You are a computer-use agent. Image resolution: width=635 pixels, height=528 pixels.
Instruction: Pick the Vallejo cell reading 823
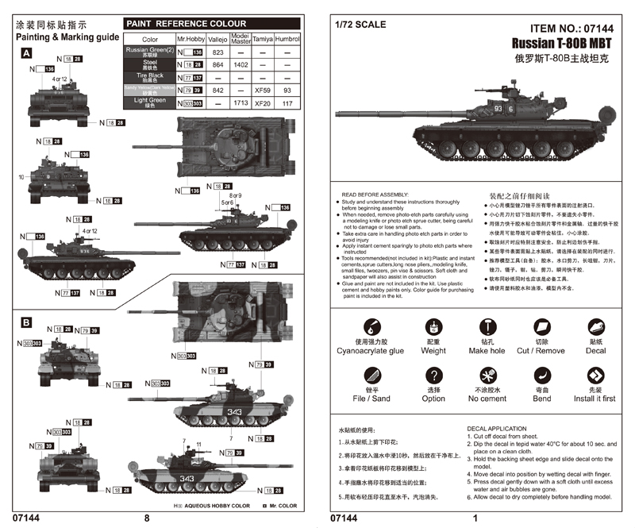click(218, 52)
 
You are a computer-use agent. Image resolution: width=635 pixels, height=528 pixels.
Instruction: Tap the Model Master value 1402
click(240, 64)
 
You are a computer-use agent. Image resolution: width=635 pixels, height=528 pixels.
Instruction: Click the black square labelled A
click(26, 52)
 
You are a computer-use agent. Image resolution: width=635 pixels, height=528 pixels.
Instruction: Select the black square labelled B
click(26, 322)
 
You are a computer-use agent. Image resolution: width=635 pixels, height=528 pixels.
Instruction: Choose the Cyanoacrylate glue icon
click(370, 327)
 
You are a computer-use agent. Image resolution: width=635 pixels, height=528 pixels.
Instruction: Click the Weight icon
click(433, 327)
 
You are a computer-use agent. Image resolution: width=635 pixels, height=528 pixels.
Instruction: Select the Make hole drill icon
click(487, 327)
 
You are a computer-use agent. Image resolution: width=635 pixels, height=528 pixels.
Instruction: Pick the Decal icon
click(595, 327)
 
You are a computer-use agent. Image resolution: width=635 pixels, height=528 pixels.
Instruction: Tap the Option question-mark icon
click(433, 376)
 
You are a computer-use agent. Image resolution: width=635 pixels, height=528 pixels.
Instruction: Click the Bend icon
click(541, 376)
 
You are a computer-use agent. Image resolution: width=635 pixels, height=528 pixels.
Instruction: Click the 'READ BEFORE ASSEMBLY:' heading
click(374, 194)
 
